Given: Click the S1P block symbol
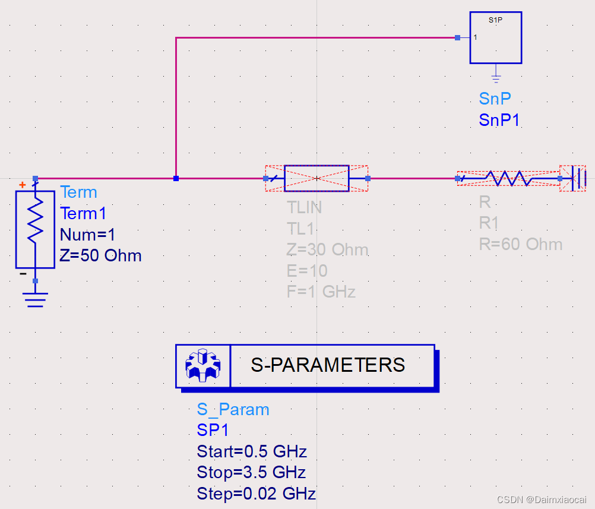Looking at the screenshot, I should (496, 37).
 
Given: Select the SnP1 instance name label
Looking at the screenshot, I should (499, 120).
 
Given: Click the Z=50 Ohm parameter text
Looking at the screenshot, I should (101, 256).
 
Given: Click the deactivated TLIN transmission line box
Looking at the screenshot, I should (317, 178).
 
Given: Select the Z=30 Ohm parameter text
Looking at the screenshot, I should (327, 249).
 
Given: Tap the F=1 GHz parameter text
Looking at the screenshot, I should (321, 292).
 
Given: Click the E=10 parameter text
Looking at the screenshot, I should (307, 271).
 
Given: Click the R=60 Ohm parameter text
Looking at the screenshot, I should (521, 244).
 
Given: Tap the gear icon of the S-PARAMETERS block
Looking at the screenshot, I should (202, 365).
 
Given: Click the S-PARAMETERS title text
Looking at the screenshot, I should (328, 365).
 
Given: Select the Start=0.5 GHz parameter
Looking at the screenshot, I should (252, 452).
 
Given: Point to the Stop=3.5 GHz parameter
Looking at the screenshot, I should (251, 473).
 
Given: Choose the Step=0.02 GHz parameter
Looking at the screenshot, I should (256, 494).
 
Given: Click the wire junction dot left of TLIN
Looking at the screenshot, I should (176, 178).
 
